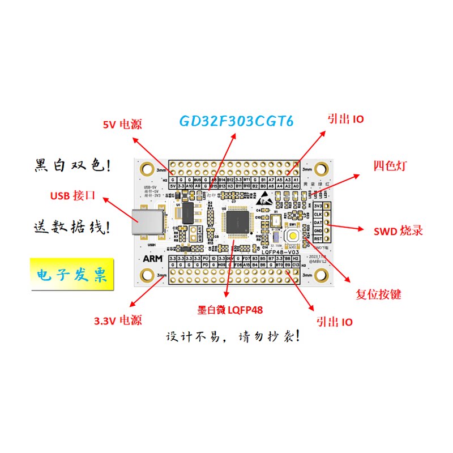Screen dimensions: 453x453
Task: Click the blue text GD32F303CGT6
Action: tap(236, 121)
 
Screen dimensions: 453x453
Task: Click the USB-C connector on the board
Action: tap(148, 221)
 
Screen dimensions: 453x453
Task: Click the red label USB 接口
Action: tap(72, 196)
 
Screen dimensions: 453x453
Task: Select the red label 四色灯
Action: tap(390, 166)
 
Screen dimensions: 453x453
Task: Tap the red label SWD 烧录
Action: tap(398, 231)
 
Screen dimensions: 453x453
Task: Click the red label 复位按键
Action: tap(378, 294)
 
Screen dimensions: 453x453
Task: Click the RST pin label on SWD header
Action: tap(318, 239)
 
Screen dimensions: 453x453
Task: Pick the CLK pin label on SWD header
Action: tap(318, 215)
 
